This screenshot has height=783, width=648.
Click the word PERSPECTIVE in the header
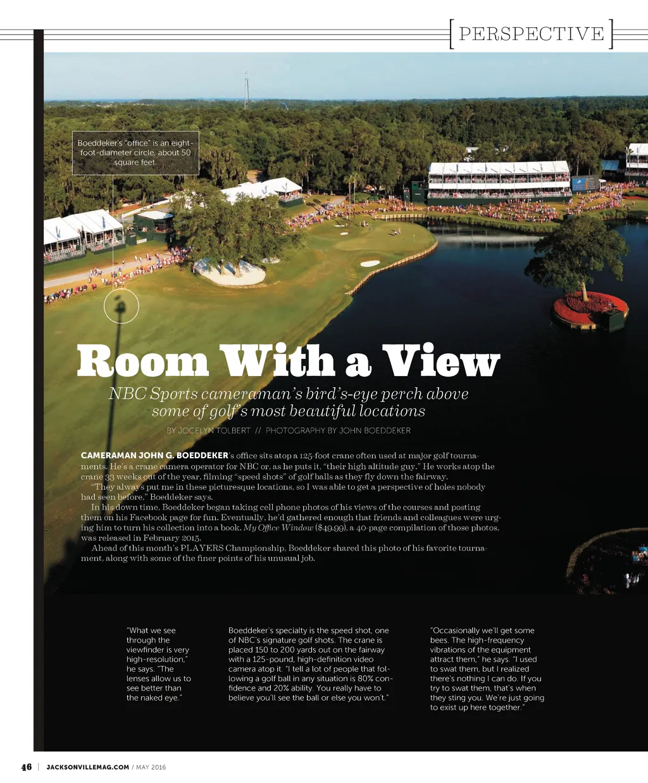tap(531, 34)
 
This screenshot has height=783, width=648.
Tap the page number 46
tap(26, 767)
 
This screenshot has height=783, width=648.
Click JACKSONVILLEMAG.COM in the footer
tap(88, 767)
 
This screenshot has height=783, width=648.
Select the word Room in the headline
tap(143, 362)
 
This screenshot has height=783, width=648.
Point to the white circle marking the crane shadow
tap(121, 306)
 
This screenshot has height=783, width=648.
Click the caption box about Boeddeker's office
tap(135, 153)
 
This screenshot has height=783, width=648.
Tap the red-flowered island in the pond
tap(590, 308)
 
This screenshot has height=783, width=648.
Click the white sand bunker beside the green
tap(370, 263)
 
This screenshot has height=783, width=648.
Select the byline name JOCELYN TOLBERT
tap(215, 430)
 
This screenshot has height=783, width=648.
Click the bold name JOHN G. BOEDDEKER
tap(154, 456)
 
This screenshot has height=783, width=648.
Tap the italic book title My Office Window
tap(278, 528)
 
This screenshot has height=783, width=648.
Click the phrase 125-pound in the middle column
tap(273, 659)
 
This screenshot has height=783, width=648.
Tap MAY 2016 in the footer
tap(151, 767)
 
